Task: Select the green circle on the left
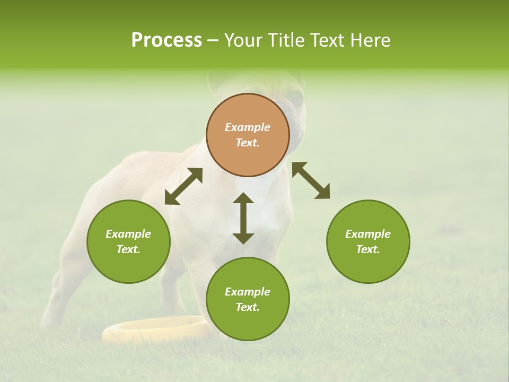pyautogui.click(x=128, y=241)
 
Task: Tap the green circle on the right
pyautogui.click(x=368, y=241)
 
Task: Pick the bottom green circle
pyautogui.click(x=248, y=299)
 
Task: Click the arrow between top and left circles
pyautogui.click(x=183, y=186)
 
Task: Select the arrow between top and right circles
pyautogui.click(x=311, y=180)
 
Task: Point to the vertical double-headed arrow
pyautogui.click(x=243, y=218)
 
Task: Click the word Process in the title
pyautogui.click(x=166, y=40)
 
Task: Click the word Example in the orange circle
pyautogui.click(x=248, y=127)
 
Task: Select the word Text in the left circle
pyautogui.click(x=127, y=249)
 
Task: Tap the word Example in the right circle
pyautogui.click(x=368, y=234)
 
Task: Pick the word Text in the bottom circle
pyautogui.click(x=247, y=307)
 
